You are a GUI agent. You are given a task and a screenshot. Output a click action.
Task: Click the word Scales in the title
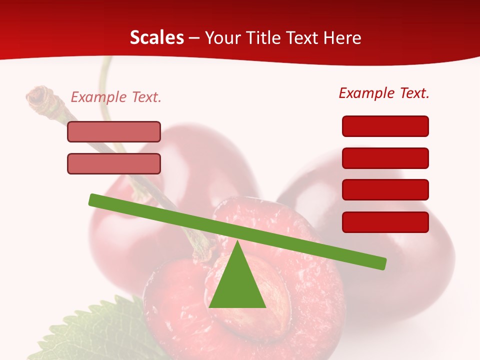(157, 38)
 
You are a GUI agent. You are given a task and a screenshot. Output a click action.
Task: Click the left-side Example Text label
(116, 97)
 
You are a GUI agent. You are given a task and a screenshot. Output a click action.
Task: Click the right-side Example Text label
(384, 93)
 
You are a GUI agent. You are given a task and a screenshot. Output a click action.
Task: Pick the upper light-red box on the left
(114, 132)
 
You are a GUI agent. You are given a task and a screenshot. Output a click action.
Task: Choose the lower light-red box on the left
(114, 164)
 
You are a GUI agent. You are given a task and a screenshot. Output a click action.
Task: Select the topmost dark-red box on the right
(385, 126)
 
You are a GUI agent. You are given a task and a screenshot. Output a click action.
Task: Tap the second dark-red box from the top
(385, 158)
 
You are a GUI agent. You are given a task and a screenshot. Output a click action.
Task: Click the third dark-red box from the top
(385, 190)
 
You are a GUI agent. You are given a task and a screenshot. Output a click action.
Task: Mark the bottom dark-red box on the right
(385, 222)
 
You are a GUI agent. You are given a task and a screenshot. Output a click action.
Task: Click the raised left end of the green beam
(95, 199)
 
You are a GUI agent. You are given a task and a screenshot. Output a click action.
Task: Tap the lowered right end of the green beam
(381, 262)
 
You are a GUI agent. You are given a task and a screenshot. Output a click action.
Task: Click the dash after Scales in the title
(194, 38)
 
